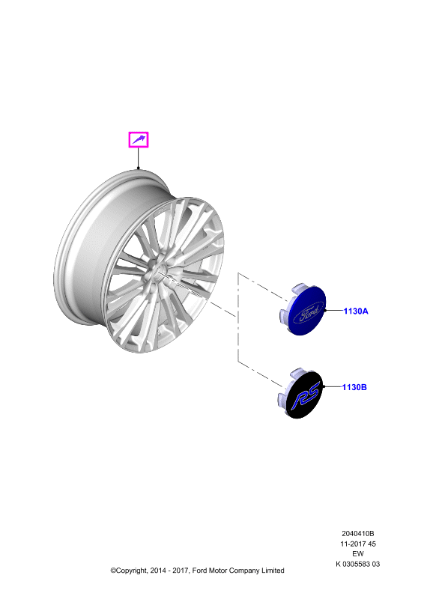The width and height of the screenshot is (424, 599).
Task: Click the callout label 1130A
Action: click(x=356, y=311)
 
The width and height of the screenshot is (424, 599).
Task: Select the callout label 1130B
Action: click(x=354, y=387)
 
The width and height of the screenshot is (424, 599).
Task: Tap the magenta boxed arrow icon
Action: click(x=138, y=140)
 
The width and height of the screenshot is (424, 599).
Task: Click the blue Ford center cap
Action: click(x=302, y=309)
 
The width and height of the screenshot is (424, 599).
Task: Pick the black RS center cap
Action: click(x=300, y=394)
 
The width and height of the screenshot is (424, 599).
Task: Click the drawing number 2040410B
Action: click(x=358, y=533)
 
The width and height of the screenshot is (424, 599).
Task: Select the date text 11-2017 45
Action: click(x=358, y=544)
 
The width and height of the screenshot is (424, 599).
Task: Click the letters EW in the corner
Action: click(x=358, y=553)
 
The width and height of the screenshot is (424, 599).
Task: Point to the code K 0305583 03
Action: click(x=358, y=564)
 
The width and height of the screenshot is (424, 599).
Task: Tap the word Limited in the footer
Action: click(x=273, y=571)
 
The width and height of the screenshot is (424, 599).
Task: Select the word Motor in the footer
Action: click(x=218, y=571)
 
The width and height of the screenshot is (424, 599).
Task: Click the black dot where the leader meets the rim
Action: click(x=139, y=168)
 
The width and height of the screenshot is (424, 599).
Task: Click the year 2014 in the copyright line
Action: click(x=158, y=571)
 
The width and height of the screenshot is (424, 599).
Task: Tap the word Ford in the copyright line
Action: click(x=199, y=571)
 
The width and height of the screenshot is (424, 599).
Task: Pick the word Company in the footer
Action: click(x=245, y=571)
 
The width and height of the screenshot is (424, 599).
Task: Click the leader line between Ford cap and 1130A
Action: click(x=334, y=311)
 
